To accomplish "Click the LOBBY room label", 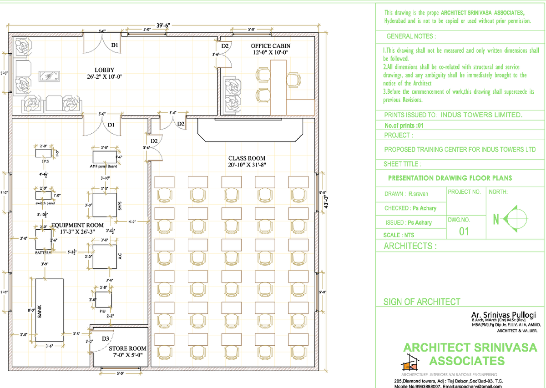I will (x=104, y=70).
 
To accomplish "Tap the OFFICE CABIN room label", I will (x=270, y=46).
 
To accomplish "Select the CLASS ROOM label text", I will (x=247, y=158).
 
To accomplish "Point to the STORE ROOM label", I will (x=127, y=349).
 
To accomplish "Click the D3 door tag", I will (x=105, y=339).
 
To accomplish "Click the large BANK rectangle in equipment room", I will (x=50, y=310).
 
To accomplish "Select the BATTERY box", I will (x=44, y=239).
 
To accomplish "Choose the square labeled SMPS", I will (x=106, y=206).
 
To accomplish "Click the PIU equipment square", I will (x=104, y=300).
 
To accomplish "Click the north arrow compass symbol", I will (x=516, y=220).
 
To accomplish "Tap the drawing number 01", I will (x=464, y=232).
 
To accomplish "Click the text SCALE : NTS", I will (x=399, y=235).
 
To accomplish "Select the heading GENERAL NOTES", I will (x=411, y=36).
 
